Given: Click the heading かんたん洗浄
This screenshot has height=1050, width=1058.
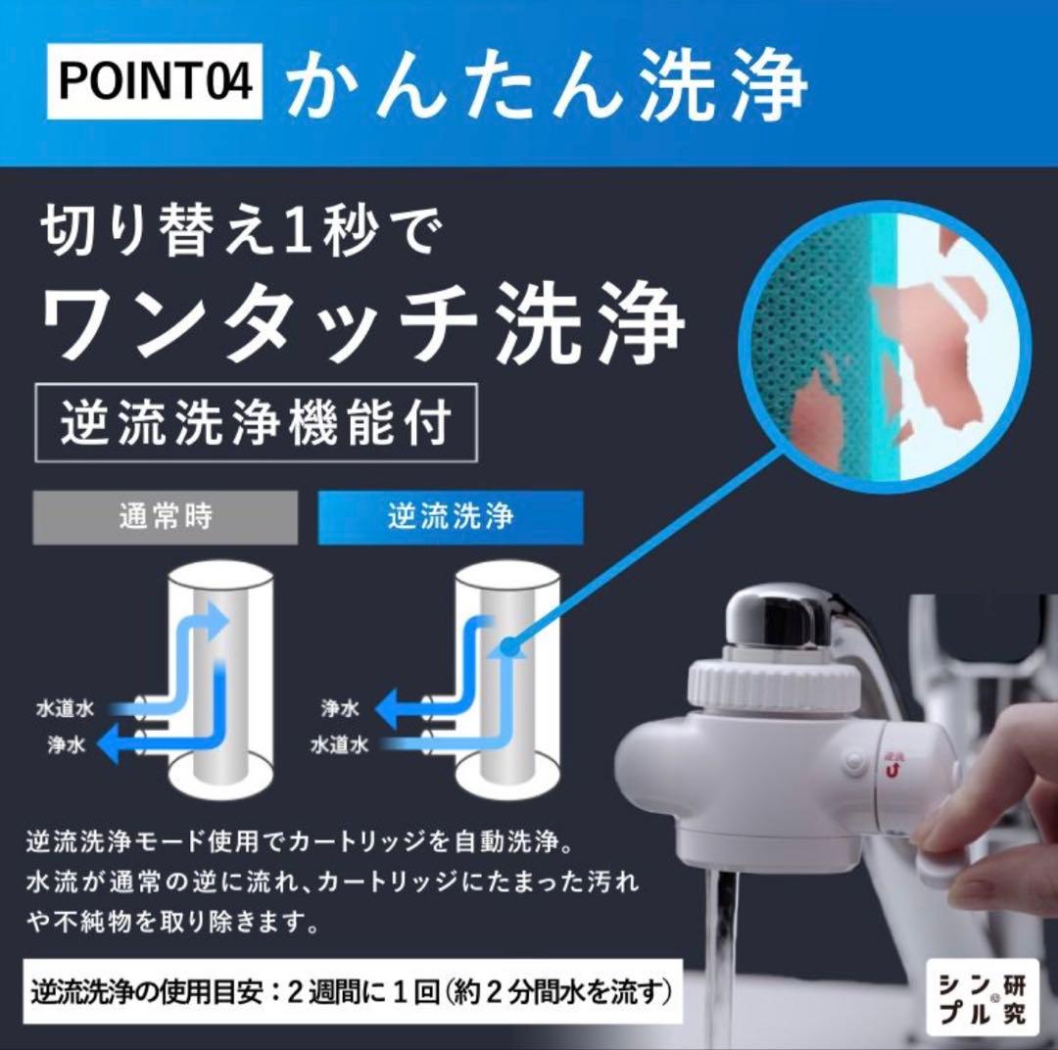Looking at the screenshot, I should click(x=547, y=82).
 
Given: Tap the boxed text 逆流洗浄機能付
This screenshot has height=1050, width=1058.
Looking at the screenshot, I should click(x=256, y=423).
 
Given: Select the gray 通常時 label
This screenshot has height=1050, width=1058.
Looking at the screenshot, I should click(x=165, y=517).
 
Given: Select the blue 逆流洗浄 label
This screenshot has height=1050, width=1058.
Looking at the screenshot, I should click(x=451, y=517).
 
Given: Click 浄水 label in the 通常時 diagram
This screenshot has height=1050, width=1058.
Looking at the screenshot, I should click(x=68, y=744).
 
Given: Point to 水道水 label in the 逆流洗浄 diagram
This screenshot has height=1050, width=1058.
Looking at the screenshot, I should click(x=339, y=744).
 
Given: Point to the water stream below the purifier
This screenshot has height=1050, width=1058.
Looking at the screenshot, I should click(x=724, y=940).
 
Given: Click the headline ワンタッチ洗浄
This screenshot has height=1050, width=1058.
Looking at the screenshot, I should click(x=361, y=324).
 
